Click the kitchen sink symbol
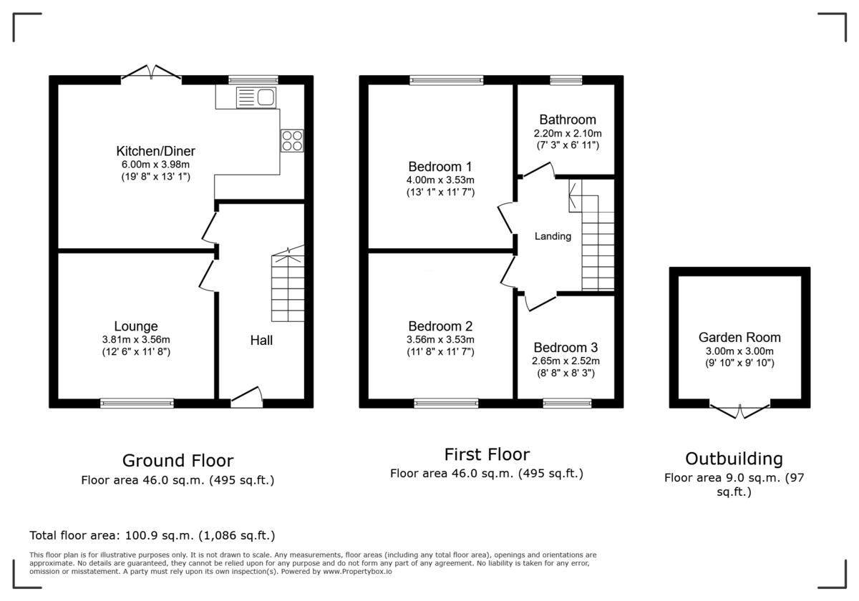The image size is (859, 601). coord(256,97)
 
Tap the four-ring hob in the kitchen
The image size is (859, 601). coord(292,140)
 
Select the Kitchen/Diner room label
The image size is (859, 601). coord(155,151)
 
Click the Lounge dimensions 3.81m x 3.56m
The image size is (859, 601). coord(136,340)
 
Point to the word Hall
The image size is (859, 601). coord(261,341)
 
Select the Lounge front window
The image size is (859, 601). coord(137,404)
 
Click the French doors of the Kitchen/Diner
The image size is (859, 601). coord(150,74)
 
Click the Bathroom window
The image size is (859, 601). coord(566,79)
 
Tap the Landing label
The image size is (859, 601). coord(553,236)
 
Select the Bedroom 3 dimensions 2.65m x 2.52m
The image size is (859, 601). coord(566,361)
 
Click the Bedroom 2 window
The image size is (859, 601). coord(446,404)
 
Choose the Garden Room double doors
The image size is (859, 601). coord(739,410)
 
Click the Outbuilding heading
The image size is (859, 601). coord(734,459)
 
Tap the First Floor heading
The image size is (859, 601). coord(487,454)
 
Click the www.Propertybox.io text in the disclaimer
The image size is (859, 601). coord(356,572)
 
